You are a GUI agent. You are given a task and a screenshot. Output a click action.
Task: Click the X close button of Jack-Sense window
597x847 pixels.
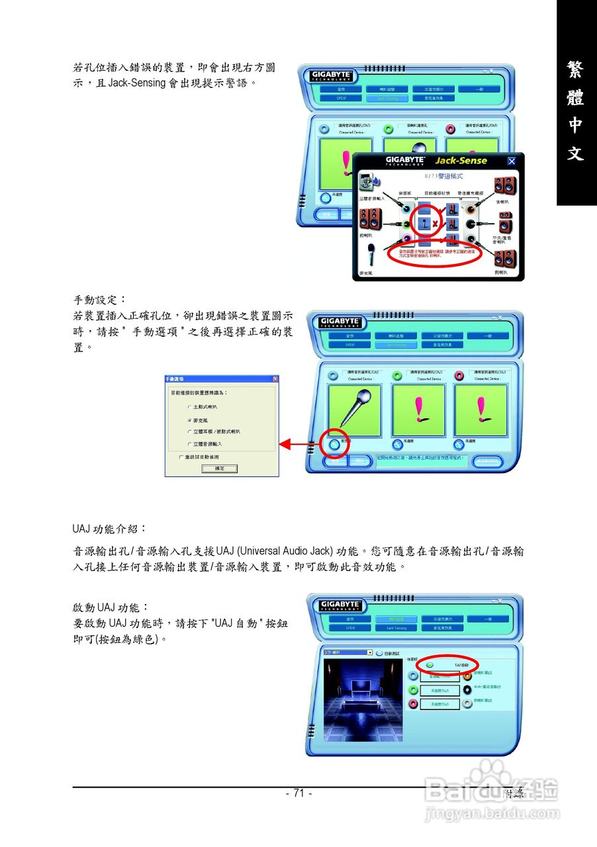[x=511, y=161]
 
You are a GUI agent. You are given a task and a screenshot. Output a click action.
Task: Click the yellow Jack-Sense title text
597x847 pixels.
[x=461, y=160]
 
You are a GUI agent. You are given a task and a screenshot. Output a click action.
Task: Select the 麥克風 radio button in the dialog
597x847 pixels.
[x=190, y=420]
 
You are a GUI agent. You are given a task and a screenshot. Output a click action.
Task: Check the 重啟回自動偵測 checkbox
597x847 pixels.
[x=181, y=457]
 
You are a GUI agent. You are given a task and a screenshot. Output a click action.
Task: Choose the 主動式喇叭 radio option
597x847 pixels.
[x=190, y=407]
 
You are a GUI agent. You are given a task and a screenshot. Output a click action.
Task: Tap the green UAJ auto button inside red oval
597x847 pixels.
[x=430, y=664]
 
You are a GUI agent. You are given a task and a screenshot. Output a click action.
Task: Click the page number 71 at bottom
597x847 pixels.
[x=298, y=793]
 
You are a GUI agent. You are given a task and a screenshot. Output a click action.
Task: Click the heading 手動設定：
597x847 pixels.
[x=99, y=300]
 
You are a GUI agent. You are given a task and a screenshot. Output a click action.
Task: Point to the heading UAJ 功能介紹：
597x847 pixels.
[x=109, y=529]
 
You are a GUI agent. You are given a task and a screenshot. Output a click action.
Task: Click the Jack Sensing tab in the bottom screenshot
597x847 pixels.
[x=396, y=627]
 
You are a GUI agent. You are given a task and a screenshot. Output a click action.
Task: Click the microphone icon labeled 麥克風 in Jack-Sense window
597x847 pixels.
[x=371, y=255]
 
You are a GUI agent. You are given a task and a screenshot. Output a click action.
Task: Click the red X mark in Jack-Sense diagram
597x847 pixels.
[x=435, y=224]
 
